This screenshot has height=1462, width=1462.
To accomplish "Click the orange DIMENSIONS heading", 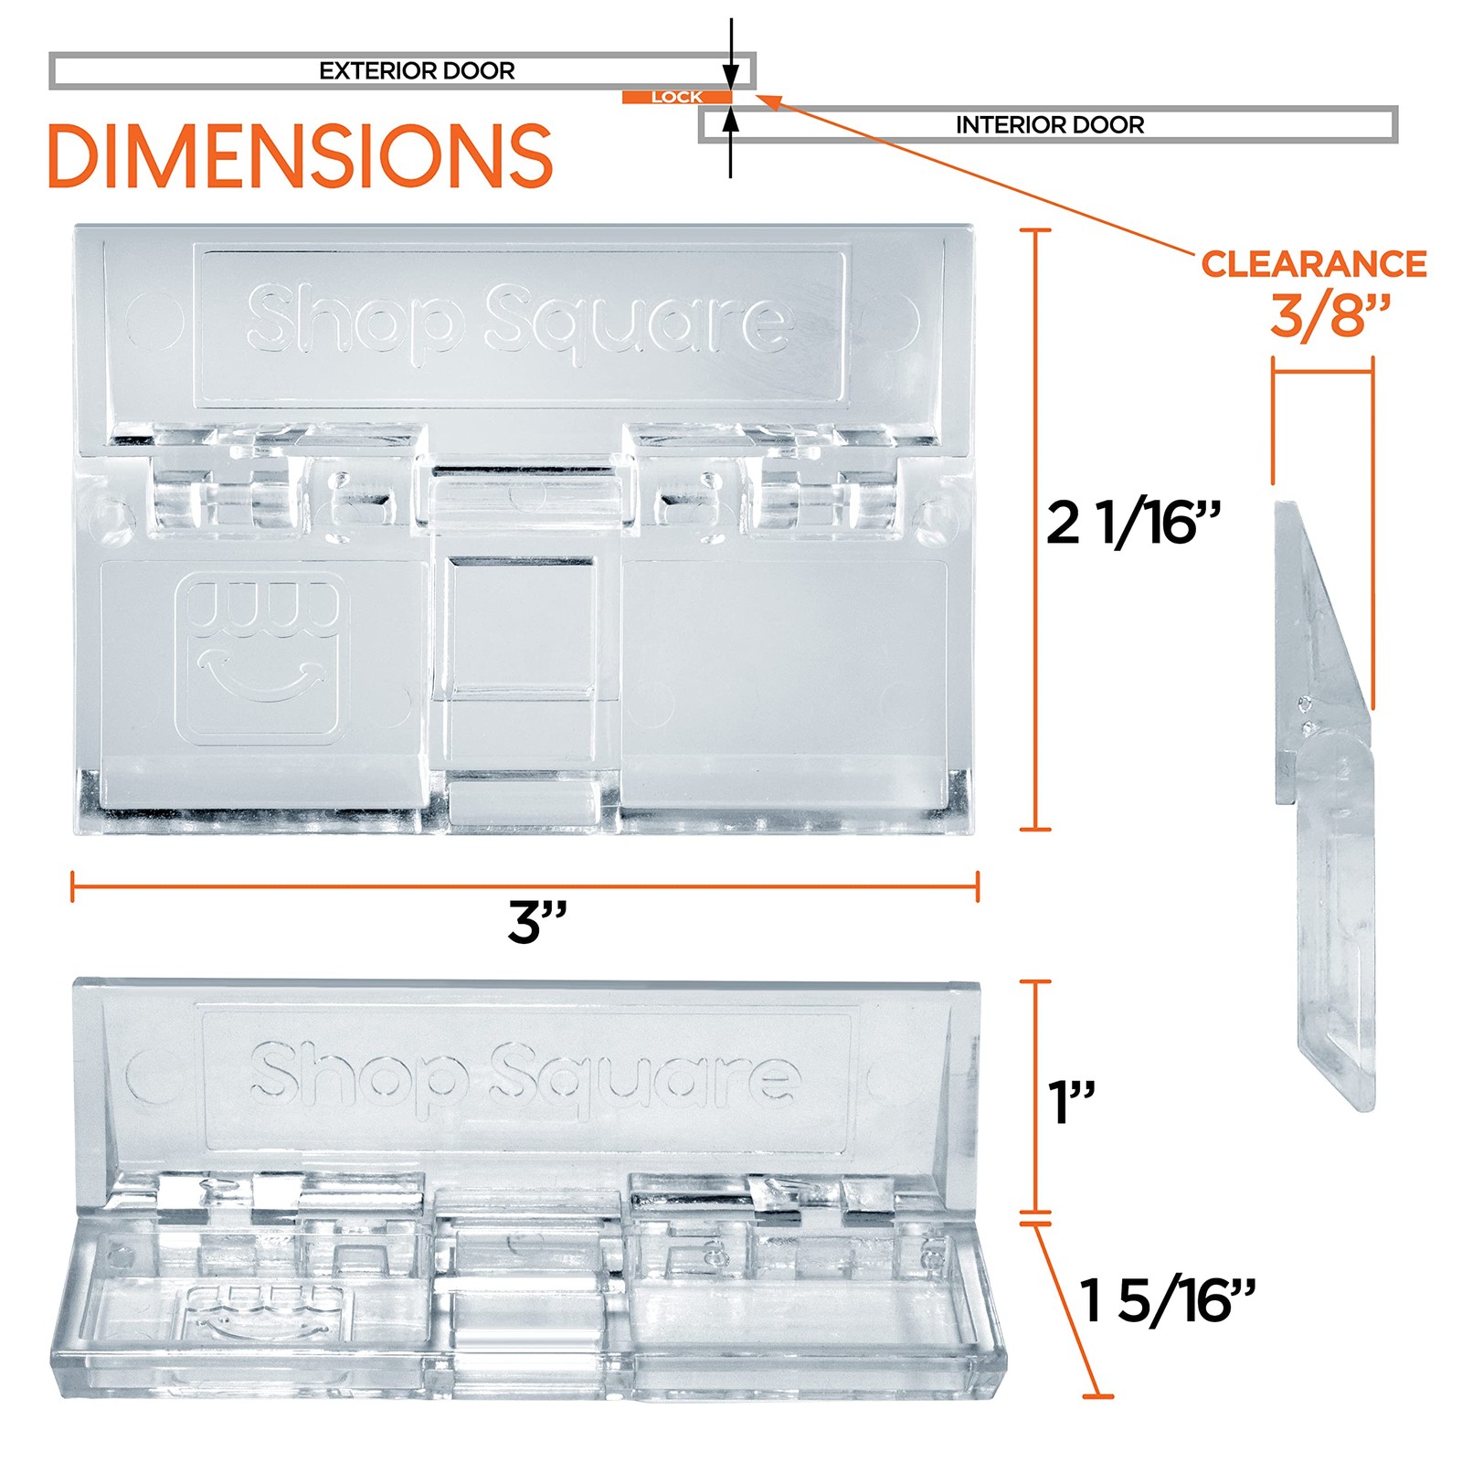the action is coord(300,156).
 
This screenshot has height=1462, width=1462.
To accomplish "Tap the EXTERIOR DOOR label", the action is coord(417,71).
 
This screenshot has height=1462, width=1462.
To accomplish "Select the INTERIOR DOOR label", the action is coord(1050,125).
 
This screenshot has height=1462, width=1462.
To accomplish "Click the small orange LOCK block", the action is coord(677,97).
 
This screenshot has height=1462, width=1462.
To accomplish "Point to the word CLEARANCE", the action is coord(1314,264).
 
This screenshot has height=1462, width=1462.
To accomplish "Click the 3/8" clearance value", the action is coord(1330,316).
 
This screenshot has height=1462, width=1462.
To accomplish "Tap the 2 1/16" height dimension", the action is coord(1133,524).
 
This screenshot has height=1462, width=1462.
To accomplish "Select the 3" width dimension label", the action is coord(537,922).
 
